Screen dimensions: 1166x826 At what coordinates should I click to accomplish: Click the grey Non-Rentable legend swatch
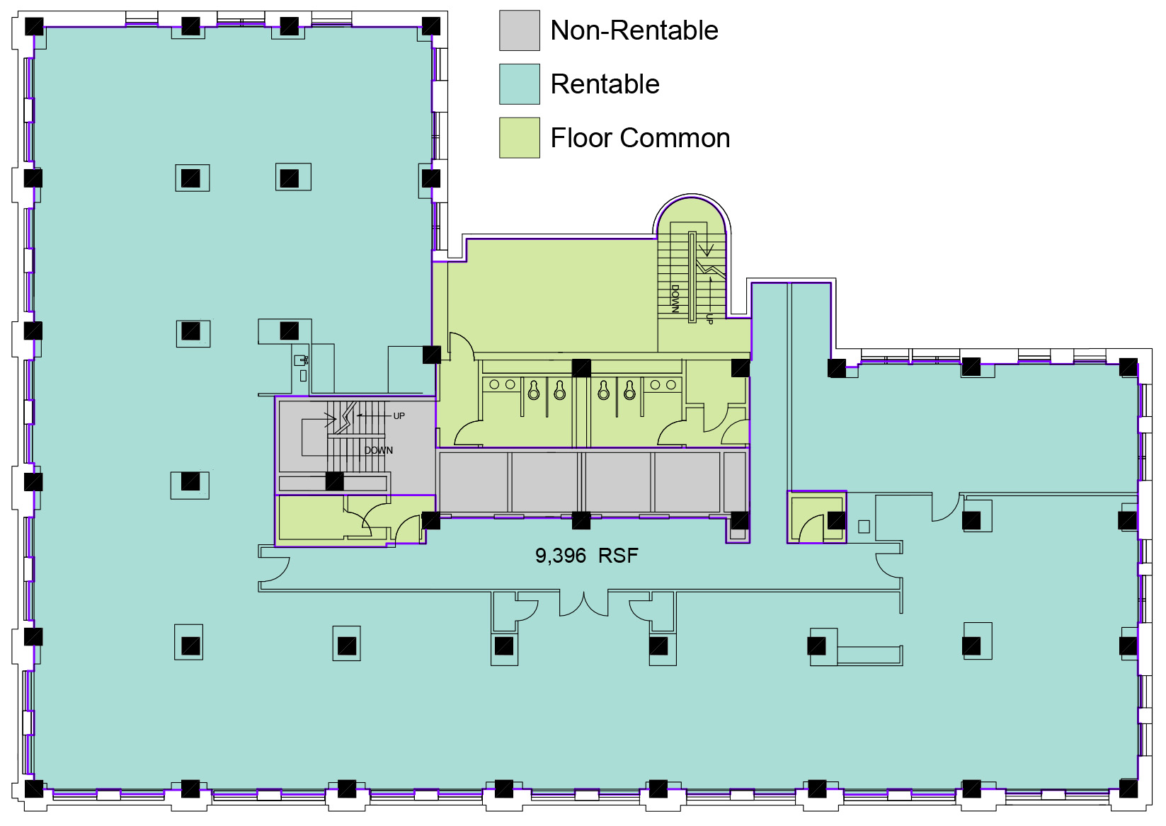tap(519, 30)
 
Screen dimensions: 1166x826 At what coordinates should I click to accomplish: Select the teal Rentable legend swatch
tap(519, 84)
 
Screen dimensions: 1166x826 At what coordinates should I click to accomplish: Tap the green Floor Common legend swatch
tap(519, 138)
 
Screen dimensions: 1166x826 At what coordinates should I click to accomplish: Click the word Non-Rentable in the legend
tap(634, 30)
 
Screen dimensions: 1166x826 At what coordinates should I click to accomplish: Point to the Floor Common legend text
tap(640, 138)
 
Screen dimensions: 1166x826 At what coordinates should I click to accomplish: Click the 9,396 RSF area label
tap(587, 556)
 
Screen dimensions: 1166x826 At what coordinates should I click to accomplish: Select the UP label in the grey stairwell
tap(399, 416)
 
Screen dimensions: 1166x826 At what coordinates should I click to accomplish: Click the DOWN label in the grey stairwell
tap(379, 450)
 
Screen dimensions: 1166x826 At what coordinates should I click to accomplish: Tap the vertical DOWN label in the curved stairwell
tap(675, 299)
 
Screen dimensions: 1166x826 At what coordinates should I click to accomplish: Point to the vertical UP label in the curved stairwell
tap(709, 319)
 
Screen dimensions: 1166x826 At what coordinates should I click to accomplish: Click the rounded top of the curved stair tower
tap(692, 197)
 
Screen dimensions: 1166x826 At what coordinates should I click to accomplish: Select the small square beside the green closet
tap(864, 527)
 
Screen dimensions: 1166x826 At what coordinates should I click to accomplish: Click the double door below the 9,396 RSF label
tap(584, 604)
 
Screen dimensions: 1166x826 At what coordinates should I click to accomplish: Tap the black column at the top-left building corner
tap(35, 26)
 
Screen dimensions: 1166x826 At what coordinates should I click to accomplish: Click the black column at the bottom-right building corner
tap(1128, 788)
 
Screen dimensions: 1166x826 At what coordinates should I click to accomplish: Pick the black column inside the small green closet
tap(837, 520)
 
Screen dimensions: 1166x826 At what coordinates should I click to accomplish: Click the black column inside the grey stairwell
tap(335, 481)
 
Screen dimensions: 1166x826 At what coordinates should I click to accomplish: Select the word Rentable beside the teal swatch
tap(605, 84)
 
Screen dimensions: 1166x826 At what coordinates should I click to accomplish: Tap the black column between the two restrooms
tap(581, 368)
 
